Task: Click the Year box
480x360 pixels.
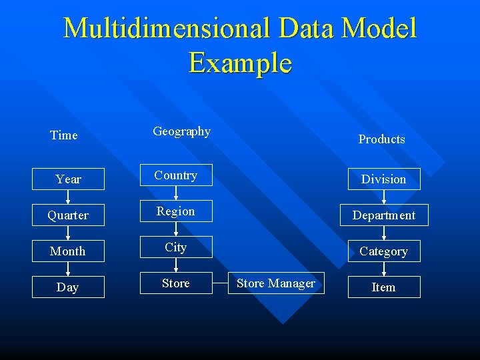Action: pyautogui.click(x=68, y=179)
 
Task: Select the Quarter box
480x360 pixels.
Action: pyautogui.click(x=68, y=215)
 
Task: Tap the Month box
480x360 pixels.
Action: pyautogui.click(x=68, y=251)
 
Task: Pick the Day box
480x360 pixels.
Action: pyautogui.click(x=68, y=287)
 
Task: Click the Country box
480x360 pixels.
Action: pyautogui.click(x=176, y=175)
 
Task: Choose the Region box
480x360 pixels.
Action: pyautogui.click(x=176, y=211)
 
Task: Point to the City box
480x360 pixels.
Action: pyautogui.click(x=176, y=247)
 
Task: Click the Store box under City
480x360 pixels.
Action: pyautogui.click(x=176, y=283)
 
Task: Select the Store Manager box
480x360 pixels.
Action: pyautogui.click(x=276, y=283)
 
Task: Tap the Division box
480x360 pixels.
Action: pyautogui.click(x=384, y=179)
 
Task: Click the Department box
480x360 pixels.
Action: pyautogui.click(x=384, y=215)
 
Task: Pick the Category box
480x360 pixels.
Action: pyautogui.click(x=384, y=251)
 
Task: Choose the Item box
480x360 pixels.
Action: pyautogui.click(x=384, y=287)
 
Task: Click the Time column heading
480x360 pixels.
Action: pyautogui.click(x=64, y=135)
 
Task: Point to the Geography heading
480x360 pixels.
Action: pyautogui.click(x=181, y=131)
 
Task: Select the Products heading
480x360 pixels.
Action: pyautogui.click(x=381, y=139)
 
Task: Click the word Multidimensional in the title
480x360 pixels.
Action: pyautogui.click(x=167, y=29)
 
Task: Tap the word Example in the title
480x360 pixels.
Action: pyautogui.click(x=240, y=63)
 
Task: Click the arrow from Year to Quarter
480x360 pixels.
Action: pyautogui.click(x=68, y=197)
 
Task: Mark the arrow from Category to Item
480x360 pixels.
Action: pyautogui.click(x=384, y=269)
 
